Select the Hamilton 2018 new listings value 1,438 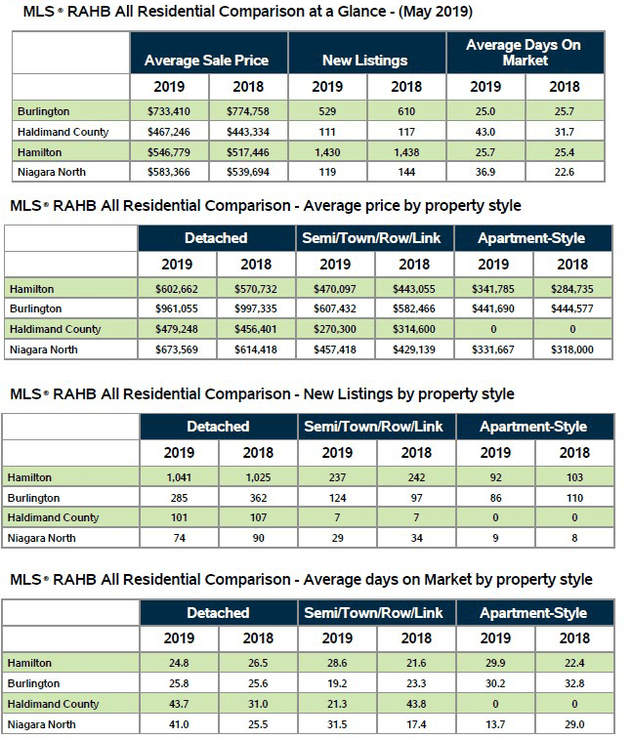406,152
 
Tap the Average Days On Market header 525,53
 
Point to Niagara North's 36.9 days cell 485,172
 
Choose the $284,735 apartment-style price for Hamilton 572,289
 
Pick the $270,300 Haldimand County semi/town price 335,329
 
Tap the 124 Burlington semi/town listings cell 336,498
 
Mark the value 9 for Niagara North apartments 495,538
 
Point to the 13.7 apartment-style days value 495,724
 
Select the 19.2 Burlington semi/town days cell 336,684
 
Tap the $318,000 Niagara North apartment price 572,349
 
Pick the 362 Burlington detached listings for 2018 257,498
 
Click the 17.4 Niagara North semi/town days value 416,724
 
